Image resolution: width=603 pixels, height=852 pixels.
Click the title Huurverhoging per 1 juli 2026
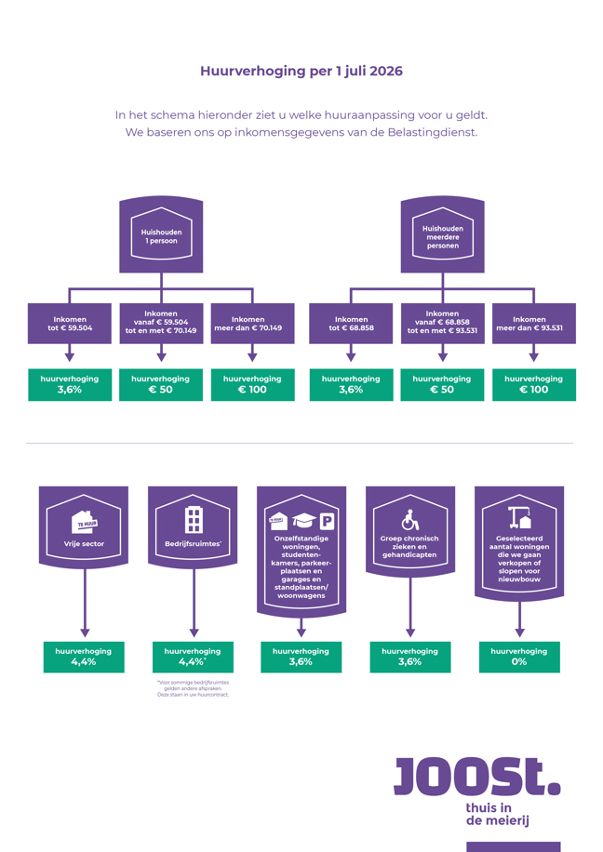point(301,72)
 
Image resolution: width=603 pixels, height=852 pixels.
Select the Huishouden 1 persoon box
point(161,235)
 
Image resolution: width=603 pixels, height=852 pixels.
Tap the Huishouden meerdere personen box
point(442,236)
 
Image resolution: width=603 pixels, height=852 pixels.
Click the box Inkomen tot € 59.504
point(70,324)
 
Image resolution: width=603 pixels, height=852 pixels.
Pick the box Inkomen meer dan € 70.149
point(253,324)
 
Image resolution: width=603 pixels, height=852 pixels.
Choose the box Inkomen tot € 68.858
point(351,324)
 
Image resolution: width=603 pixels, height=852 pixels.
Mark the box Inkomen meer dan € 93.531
point(533,324)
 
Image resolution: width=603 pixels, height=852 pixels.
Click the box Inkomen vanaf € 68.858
point(442,324)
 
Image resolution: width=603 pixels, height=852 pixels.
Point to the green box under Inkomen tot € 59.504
point(70,384)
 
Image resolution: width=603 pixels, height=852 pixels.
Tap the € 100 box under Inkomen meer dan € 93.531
point(533,384)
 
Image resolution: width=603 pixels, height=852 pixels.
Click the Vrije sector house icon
point(84,520)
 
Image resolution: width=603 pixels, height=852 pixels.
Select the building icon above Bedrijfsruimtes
point(193,519)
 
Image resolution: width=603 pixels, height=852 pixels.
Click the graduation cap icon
point(303,521)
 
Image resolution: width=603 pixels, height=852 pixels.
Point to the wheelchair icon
point(409,520)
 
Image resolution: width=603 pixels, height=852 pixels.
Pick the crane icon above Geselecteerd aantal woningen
point(519,517)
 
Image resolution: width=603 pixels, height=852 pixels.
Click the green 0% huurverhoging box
point(519,657)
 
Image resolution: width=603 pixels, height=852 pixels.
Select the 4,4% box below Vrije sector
point(84,657)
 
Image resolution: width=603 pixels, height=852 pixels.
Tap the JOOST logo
point(476,777)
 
